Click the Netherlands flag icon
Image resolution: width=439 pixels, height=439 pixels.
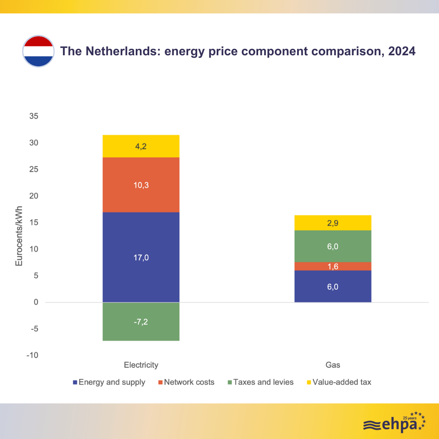[x=38, y=52]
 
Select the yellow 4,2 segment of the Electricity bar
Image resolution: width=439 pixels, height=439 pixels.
[x=141, y=146]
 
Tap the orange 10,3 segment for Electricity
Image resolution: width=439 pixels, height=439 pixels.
[x=141, y=185]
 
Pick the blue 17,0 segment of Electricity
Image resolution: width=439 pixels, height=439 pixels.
[x=141, y=257]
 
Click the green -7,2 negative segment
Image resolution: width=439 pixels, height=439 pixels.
[x=141, y=321]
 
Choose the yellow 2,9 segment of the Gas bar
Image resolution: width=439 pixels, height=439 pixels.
[x=333, y=223]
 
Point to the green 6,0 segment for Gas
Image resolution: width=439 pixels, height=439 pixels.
[x=333, y=246]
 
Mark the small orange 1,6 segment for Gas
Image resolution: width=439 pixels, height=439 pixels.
[x=333, y=266]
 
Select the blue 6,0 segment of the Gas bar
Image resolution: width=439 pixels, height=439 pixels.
[x=333, y=286]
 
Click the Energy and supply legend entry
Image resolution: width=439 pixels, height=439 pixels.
[x=109, y=382]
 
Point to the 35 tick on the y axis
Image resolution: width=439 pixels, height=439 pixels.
[x=33, y=116]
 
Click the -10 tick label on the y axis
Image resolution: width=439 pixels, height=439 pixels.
[x=33, y=355]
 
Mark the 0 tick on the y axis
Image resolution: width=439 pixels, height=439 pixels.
[x=36, y=302]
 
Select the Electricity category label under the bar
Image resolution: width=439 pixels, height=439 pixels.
[x=141, y=365]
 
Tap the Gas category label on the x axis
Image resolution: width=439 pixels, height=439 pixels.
[x=333, y=365]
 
